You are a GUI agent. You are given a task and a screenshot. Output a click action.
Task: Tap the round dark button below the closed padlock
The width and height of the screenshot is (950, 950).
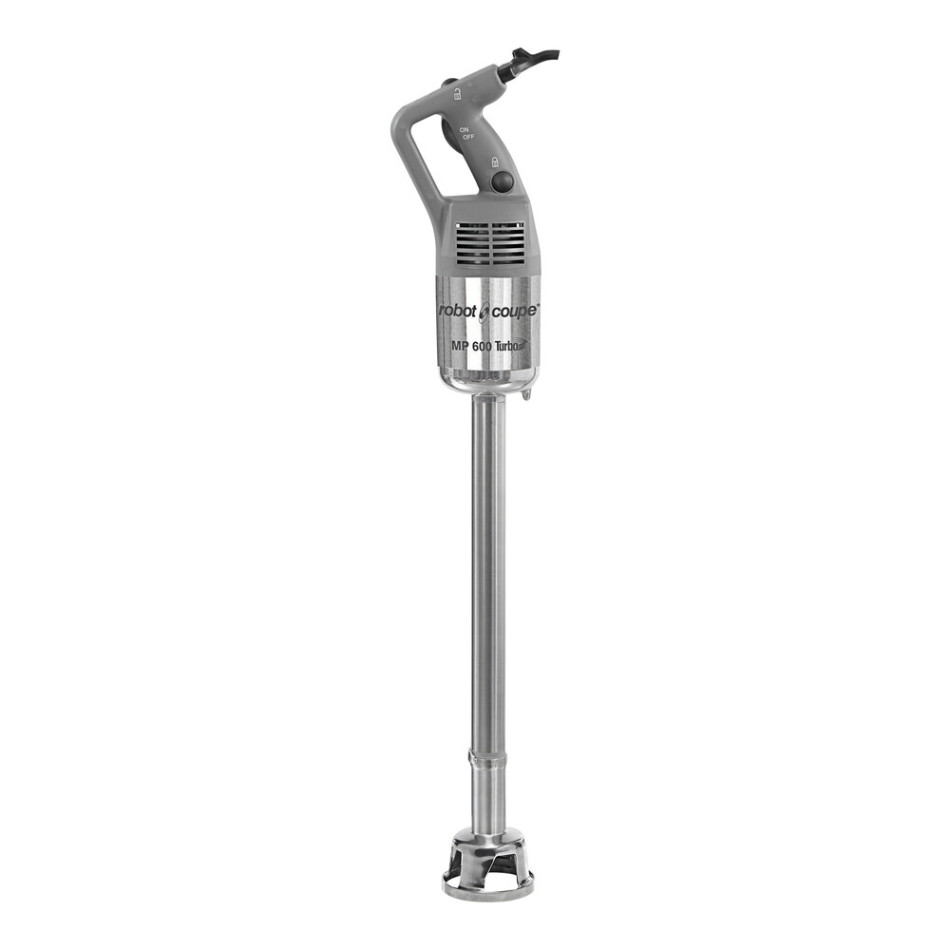click(x=502, y=180)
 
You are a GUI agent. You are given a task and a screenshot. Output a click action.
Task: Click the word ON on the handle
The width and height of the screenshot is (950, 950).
click(x=465, y=129)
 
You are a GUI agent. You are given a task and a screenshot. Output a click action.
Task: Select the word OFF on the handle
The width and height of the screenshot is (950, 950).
click(x=468, y=139)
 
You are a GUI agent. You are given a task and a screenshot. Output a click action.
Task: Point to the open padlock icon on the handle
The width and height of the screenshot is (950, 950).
click(x=458, y=92)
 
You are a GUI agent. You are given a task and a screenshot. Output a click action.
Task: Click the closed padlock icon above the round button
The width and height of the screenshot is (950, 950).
click(x=495, y=161)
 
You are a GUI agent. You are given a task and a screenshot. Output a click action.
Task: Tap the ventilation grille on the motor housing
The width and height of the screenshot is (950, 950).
click(x=489, y=242)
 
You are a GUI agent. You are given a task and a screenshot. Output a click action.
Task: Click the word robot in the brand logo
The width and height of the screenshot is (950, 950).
click(x=459, y=312)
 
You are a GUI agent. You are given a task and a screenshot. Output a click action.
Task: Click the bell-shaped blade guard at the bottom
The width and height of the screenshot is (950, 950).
click(x=487, y=860)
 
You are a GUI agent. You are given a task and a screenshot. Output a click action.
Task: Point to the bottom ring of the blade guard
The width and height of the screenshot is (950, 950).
click(x=487, y=891)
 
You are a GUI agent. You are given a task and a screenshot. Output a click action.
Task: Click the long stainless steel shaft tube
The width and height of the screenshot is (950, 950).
click(x=487, y=570)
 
